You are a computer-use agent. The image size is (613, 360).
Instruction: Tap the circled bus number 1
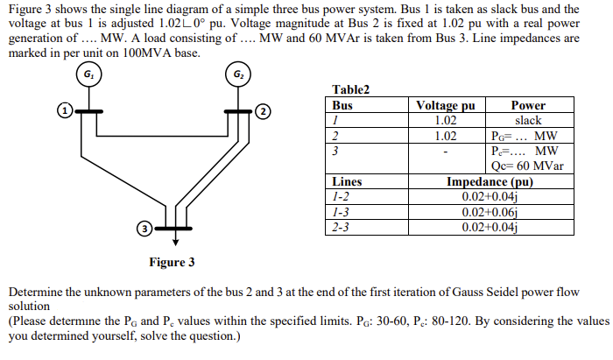[63, 111]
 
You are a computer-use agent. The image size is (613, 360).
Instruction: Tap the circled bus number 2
[262, 111]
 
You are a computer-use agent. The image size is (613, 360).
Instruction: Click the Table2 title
[351, 89]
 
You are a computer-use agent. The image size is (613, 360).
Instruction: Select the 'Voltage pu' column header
[446, 105]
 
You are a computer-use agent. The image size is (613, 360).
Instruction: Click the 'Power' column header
[527, 105]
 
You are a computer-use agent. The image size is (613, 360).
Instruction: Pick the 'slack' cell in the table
[527, 120]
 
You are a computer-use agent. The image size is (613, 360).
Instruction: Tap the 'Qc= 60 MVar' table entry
[528, 166]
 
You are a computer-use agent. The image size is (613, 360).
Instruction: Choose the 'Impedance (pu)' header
[490, 181]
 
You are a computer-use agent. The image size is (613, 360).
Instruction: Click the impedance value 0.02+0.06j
[490, 212]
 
